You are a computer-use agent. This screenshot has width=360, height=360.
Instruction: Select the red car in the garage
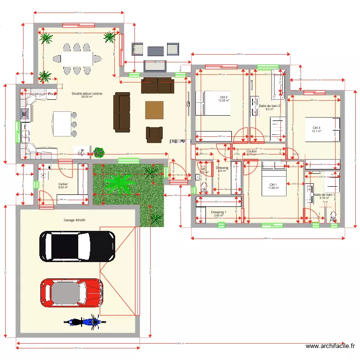(72, 293)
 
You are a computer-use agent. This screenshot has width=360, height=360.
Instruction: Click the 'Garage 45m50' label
(74, 220)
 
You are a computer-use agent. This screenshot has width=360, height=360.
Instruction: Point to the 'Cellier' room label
(63, 184)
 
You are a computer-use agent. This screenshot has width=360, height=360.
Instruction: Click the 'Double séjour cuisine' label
(87, 94)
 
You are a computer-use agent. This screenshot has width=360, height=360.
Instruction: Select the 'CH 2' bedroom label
(223, 97)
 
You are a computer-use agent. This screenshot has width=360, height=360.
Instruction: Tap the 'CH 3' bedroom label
(316, 128)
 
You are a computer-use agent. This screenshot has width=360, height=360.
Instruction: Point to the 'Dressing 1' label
(218, 212)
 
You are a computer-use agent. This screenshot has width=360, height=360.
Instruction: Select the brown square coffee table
(154, 110)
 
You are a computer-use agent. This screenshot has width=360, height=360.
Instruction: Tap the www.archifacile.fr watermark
(331, 346)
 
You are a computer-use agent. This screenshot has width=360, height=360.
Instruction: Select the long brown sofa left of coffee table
(122, 112)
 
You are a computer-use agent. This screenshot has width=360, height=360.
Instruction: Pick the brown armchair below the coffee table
(155, 134)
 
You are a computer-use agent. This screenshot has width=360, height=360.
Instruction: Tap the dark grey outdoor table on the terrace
(156, 50)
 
